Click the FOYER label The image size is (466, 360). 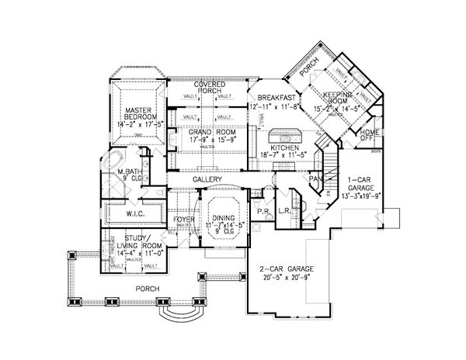(185, 219)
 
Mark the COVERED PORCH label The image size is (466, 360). (210, 88)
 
